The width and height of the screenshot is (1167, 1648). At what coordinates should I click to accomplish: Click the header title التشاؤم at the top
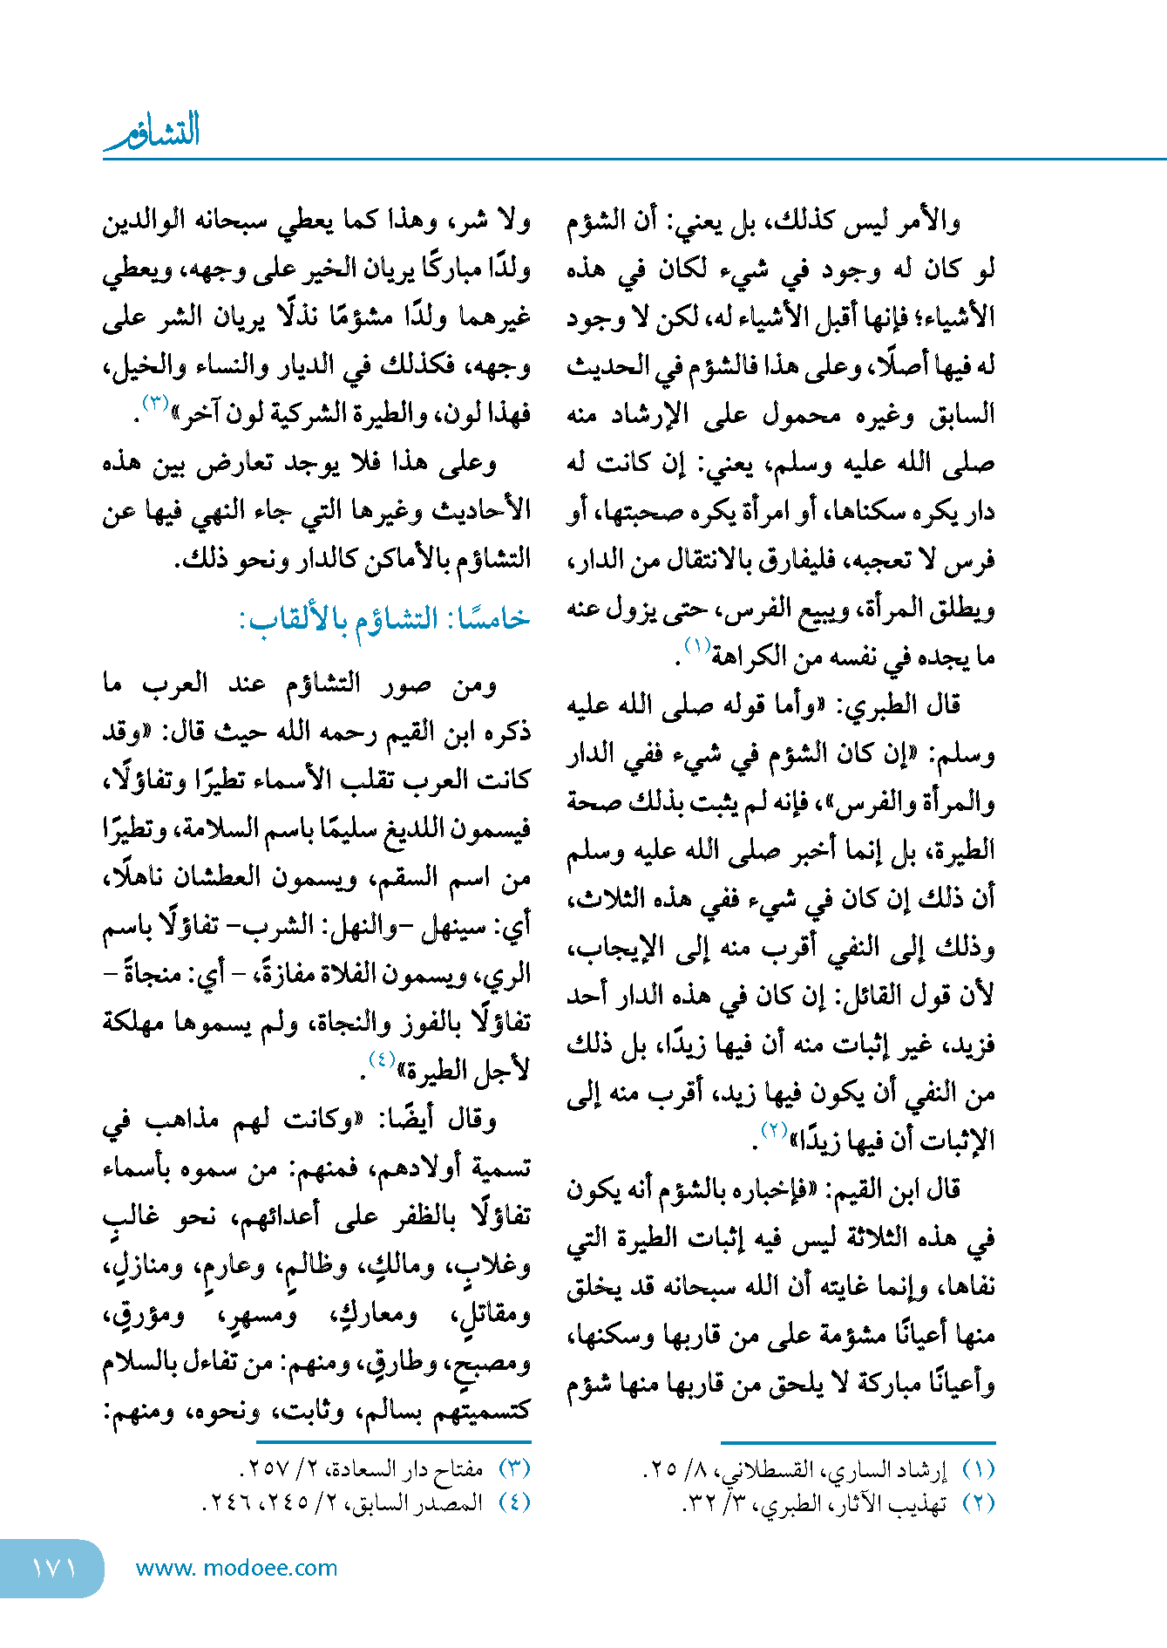tap(153, 131)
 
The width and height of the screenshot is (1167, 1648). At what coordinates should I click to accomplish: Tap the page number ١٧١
tap(54, 1568)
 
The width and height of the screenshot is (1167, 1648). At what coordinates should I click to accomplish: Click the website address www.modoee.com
tap(236, 1568)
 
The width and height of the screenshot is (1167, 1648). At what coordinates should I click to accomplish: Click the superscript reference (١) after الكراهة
tap(697, 646)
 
